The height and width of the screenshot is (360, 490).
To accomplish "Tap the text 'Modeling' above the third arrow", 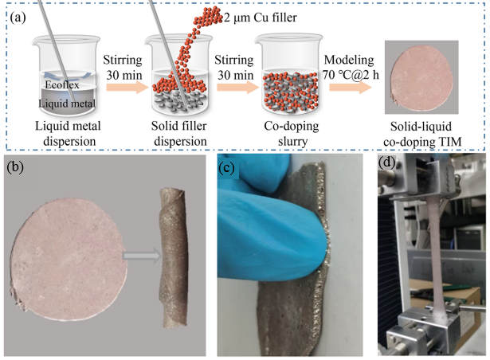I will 349,61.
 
